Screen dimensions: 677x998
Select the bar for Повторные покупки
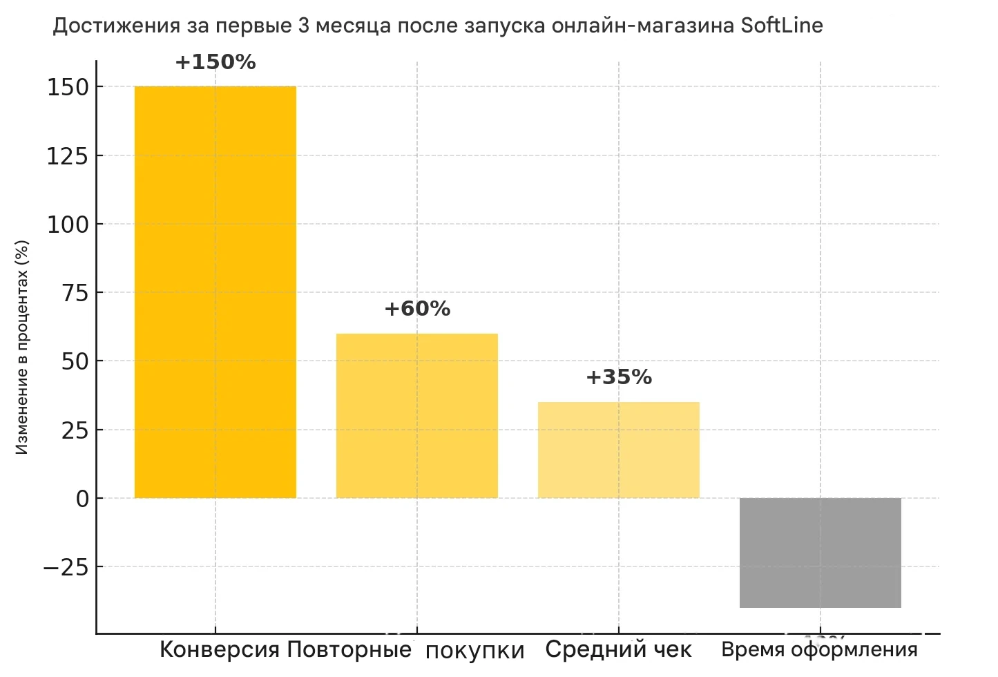click(416, 415)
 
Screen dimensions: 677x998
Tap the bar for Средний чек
click(618, 450)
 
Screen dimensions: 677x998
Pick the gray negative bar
click(820, 553)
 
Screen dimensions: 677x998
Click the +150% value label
click(215, 63)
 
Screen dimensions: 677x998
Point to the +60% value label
click(417, 309)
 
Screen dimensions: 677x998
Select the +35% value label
click(619, 377)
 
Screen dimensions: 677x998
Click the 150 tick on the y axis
click(68, 88)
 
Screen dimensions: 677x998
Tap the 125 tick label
click(68, 156)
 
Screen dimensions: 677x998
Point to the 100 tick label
click(68, 225)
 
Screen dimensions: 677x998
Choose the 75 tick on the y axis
click(75, 293)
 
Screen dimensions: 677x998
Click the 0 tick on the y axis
click(83, 499)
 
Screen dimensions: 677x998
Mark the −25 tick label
click(66, 567)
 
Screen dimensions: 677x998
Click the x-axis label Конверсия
click(220, 650)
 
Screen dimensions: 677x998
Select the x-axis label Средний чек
click(618, 650)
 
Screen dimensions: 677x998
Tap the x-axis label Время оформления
click(819, 650)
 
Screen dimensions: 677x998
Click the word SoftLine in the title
click(782, 26)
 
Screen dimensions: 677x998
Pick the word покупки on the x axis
click(475, 651)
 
